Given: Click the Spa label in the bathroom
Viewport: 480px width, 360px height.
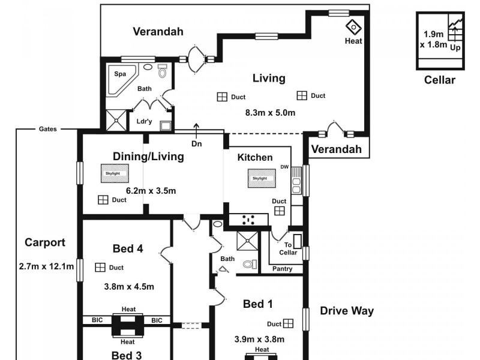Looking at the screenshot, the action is [x=120, y=74].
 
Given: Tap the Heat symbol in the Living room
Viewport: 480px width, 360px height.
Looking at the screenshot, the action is [x=353, y=28].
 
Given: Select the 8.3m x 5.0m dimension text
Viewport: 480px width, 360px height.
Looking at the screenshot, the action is [x=271, y=113].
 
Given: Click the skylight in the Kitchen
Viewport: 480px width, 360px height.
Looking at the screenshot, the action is [x=262, y=178].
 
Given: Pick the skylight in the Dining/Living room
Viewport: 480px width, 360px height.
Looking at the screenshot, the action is [x=115, y=173].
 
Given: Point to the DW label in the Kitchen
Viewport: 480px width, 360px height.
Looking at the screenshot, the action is [x=284, y=167].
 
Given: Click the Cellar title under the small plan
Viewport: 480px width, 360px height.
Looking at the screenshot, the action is [x=440, y=80].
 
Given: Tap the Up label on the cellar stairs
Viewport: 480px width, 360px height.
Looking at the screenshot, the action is [x=455, y=48].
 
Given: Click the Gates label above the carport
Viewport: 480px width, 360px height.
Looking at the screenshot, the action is [x=48, y=129].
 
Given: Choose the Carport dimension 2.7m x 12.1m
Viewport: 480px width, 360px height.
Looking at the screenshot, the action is [x=46, y=266].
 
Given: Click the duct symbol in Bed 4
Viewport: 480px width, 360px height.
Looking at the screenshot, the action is [x=100, y=267].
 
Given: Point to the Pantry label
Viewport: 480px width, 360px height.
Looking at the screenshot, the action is [x=282, y=269].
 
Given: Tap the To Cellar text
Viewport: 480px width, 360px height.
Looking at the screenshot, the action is [x=288, y=248].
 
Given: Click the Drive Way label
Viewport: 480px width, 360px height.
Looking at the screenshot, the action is [x=347, y=311].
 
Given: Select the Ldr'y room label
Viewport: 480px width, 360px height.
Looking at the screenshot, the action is [x=144, y=121].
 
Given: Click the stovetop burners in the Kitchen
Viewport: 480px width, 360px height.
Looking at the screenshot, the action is [x=248, y=220].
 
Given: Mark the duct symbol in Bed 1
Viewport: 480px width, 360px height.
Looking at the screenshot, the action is [x=289, y=323].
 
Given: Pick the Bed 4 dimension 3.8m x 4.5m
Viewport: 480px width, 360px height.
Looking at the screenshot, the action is [x=129, y=287].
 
